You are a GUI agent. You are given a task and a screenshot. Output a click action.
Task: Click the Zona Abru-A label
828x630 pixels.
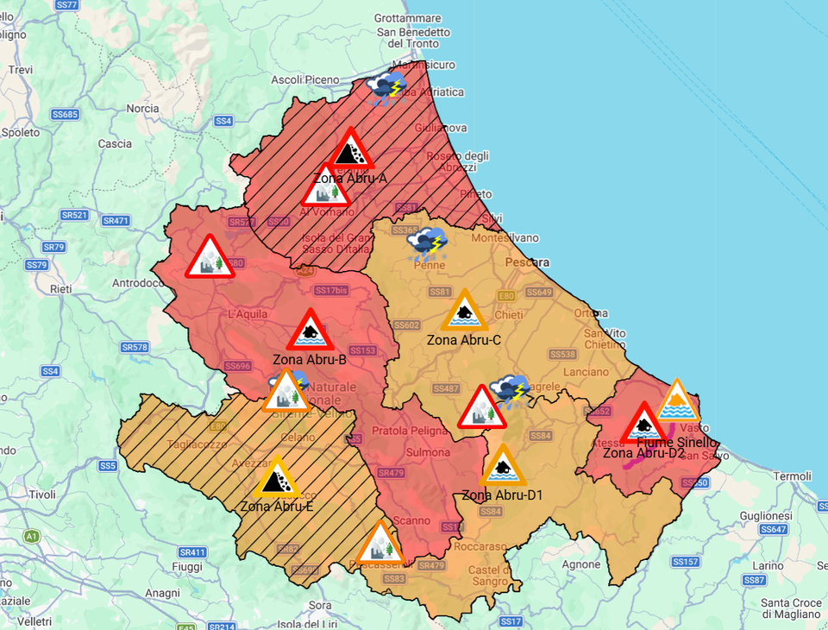click(x=349, y=179)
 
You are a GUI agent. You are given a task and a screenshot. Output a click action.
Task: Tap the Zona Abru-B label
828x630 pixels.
click(x=309, y=359)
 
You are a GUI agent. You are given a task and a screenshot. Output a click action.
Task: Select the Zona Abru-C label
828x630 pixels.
click(x=464, y=340)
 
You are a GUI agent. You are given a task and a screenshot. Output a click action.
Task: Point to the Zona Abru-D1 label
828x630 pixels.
click(x=502, y=495)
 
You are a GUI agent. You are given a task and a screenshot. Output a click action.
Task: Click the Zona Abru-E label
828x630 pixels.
click(x=276, y=506)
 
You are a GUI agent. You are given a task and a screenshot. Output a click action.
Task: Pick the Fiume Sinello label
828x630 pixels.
click(x=676, y=442)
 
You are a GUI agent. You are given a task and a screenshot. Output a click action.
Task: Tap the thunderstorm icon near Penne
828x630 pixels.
click(x=427, y=244)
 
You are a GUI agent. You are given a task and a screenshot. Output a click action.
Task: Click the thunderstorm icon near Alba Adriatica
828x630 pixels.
click(x=387, y=88)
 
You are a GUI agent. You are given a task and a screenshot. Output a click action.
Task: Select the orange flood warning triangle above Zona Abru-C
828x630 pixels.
click(x=466, y=312)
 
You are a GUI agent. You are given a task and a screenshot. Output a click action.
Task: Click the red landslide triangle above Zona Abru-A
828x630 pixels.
click(x=349, y=150)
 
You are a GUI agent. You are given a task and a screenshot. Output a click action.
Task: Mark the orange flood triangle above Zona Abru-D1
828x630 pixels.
click(x=501, y=468)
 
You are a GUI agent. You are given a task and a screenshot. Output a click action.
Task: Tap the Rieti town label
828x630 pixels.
click(x=61, y=288)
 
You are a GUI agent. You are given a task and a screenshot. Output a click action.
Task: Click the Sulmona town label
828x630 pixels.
click(x=429, y=452)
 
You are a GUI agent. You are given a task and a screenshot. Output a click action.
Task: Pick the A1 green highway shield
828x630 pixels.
click(x=32, y=537)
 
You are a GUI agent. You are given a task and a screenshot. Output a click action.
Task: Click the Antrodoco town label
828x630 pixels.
click(x=138, y=283)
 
